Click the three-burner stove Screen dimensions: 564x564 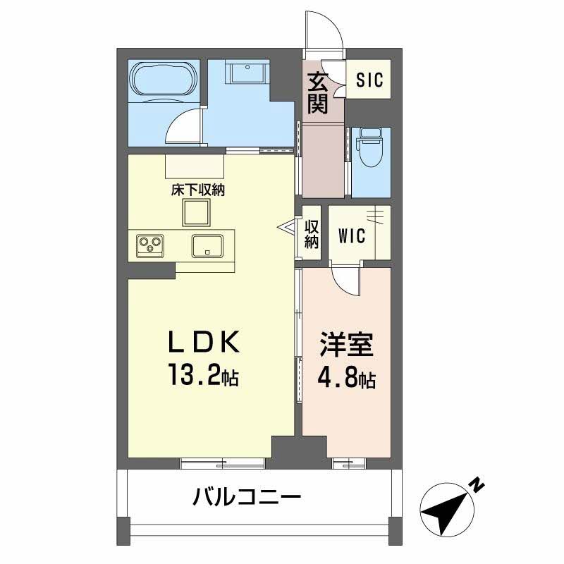[149, 245]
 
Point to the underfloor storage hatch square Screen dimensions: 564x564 [197, 211]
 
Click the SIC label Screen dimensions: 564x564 [369, 80]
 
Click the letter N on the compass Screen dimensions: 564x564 [478, 484]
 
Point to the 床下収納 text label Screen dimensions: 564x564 [197, 190]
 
